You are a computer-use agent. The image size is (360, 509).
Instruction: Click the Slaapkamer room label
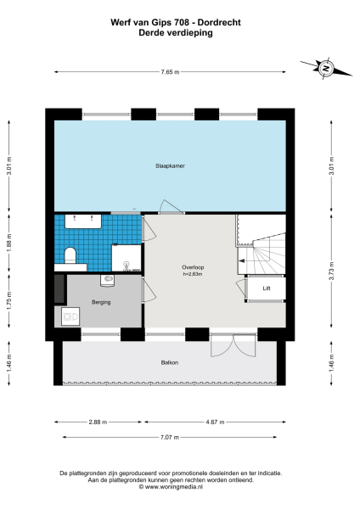tap(170, 165)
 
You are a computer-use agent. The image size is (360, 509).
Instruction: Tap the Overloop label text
tap(193, 267)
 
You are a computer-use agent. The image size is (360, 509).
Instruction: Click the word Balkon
tap(170, 362)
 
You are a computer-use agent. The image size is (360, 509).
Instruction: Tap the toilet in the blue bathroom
tap(71, 255)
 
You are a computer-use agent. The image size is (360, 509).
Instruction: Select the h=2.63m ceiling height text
tap(193, 274)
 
